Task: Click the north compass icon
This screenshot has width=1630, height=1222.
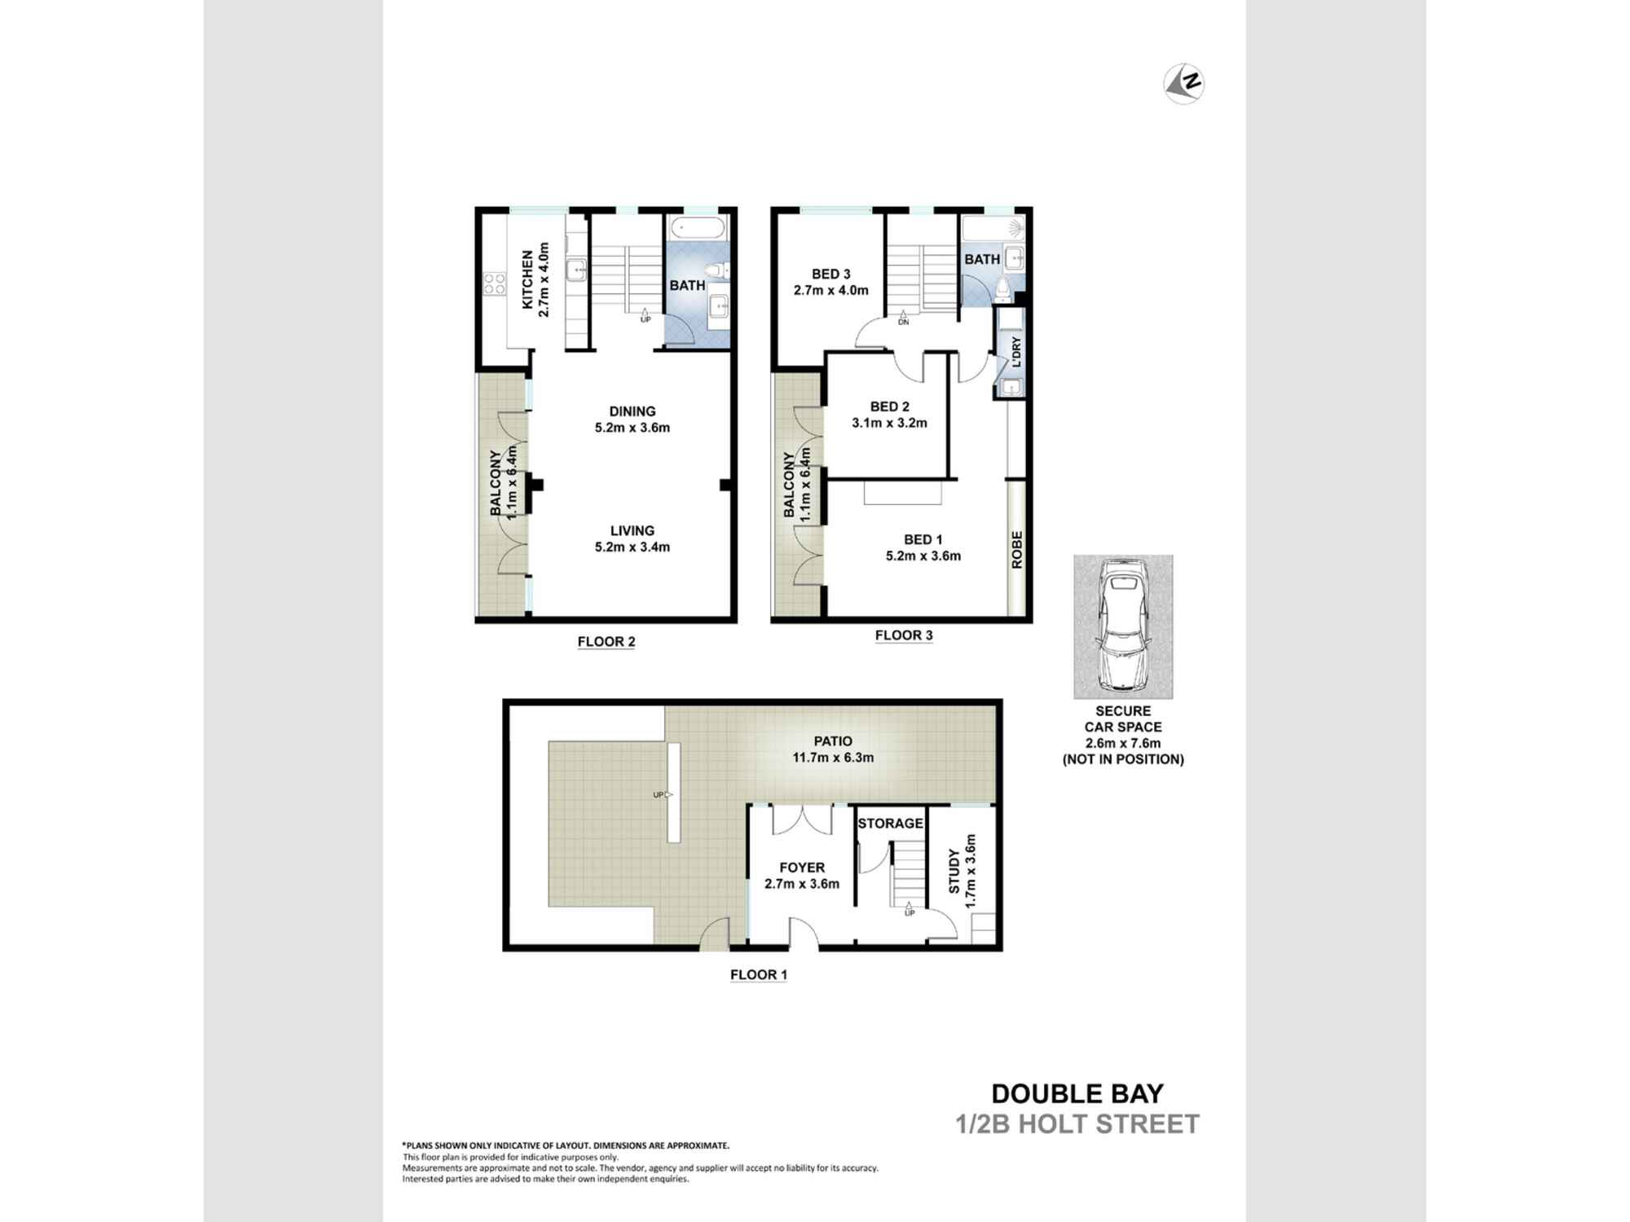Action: coord(1184,84)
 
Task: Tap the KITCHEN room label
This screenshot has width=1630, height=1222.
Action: coord(527,279)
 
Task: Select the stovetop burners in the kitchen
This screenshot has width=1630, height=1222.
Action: coord(494,284)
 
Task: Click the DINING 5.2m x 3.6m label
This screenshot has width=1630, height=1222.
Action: coord(632,419)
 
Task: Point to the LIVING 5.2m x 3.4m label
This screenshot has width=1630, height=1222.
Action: coord(632,538)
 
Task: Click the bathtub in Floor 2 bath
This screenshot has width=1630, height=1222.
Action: coord(696,229)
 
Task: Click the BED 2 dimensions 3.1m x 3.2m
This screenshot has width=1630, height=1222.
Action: coord(889,423)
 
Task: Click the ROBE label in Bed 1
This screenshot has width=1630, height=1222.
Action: coord(1016,549)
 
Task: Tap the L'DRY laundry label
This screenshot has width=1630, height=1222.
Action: coord(1015,352)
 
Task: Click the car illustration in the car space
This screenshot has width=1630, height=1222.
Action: coord(1122,625)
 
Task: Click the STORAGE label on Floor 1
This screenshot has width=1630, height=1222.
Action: coord(890,824)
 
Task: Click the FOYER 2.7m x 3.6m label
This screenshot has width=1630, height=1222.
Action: coord(801,876)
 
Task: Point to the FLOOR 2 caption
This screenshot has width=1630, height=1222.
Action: coord(606,642)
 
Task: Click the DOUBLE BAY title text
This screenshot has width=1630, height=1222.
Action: coord(1077,1093)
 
